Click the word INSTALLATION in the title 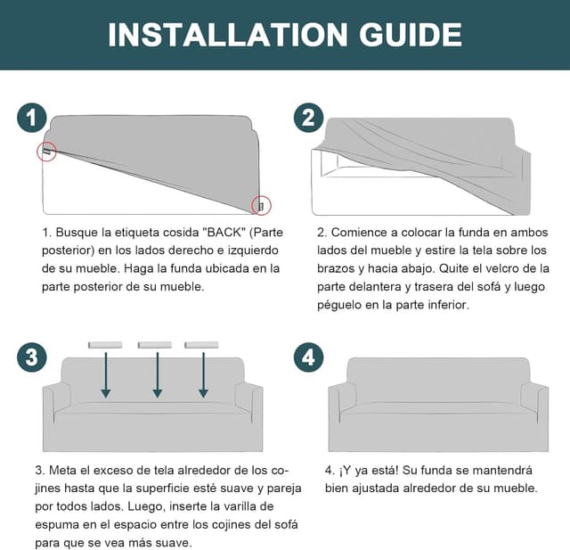point(228,35)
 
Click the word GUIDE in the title point(411,35)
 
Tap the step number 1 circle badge point(32,118)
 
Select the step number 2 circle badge point(309,118)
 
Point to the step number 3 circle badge point(32,357)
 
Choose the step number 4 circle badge point(309,357)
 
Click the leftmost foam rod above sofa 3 point(105,345)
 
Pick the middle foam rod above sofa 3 point(154,345)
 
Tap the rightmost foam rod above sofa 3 point(201,345)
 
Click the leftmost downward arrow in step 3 point(106,374)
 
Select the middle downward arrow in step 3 point(158,374)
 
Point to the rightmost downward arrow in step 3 point(204,374)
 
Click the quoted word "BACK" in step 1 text point(224,233)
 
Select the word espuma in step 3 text point(55,525)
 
